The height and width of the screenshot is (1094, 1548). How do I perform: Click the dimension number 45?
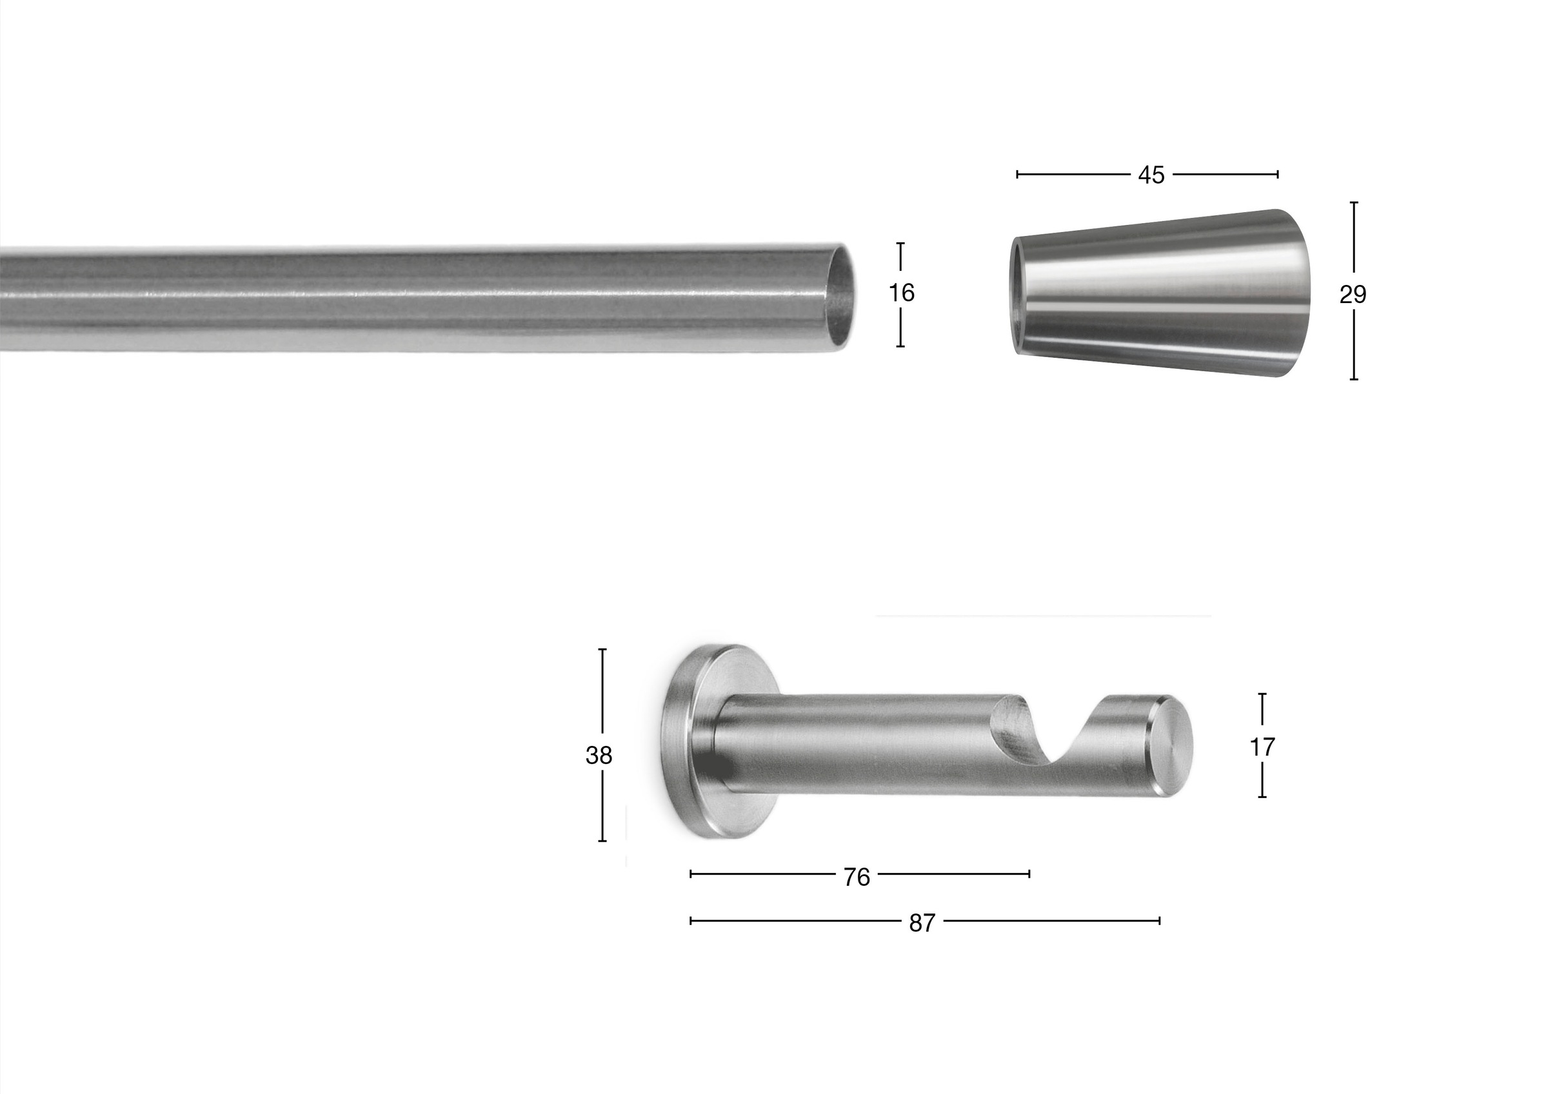click(x=1151, y=175)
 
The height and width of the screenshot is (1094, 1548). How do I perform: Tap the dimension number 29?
click(x=1353, y=295)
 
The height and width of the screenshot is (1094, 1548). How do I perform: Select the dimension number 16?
click(x=902, y=293)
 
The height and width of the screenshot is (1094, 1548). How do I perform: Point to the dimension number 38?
click(x=599, y=756)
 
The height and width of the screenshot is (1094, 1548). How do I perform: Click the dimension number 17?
click(x=1262, y=747)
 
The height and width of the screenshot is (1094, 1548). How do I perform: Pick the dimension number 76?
click(x=857, y=877)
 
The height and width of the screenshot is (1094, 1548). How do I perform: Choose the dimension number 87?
click(x=922, y=923)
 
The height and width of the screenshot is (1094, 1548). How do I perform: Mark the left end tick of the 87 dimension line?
click(x=691, y=920)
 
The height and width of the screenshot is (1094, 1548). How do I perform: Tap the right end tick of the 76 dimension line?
click(x=1029, y=874)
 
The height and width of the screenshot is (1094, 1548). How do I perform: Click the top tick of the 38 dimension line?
click(x=602, y=649)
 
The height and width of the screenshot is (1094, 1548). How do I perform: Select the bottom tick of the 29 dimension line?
click(x=1353, y=380)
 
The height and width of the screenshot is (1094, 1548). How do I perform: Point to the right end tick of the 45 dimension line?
click(x=1278, y=175)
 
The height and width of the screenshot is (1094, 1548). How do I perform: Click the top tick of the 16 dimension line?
click(x=900, y=243)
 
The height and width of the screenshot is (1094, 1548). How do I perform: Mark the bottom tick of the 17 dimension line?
click(x=1262, y=797)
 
